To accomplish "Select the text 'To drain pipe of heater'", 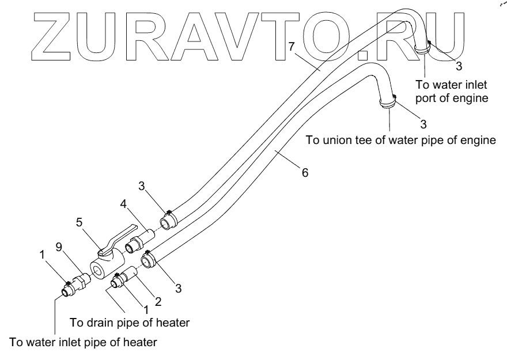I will [130, 322].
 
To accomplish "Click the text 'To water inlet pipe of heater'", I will [83, 342].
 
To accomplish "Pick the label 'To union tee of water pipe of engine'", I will [400, 140].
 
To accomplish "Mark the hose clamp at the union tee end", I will [388, 102].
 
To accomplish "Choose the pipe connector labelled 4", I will [141, 238].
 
